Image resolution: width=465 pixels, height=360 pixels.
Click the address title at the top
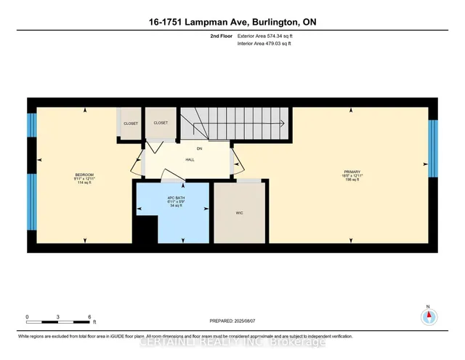pos(232,23)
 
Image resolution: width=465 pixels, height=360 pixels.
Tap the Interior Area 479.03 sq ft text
pos(264,44)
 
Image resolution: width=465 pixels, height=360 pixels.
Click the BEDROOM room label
pos(85,175)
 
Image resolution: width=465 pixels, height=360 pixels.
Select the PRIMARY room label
pos(352,172)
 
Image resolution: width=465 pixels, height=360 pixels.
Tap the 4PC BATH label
pos(172,198)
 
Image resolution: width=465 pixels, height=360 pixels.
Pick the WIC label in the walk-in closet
pos(239,213)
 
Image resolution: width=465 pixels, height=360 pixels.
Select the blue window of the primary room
pos(434,149)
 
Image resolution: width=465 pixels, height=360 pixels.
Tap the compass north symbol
pos(429,315)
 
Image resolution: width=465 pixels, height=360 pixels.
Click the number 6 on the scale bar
pos(89,317)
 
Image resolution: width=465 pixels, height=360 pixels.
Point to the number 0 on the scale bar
pos(27,317)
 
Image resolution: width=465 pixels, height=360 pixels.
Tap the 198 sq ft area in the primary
pos(352,182)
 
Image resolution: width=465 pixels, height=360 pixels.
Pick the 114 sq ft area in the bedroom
pos(85,183)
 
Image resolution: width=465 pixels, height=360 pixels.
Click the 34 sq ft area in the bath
pos(172,207)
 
